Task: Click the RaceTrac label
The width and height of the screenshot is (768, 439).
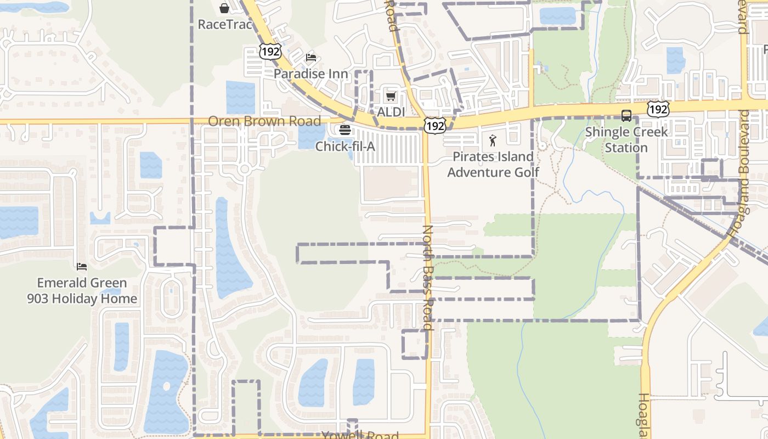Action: point(224,25)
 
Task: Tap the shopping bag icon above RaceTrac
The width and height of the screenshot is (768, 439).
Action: point(224,8)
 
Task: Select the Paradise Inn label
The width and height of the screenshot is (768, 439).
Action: point(311,74)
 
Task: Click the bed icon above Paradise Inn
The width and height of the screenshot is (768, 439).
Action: point(311,57)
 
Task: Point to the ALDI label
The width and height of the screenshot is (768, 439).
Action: point(391,112)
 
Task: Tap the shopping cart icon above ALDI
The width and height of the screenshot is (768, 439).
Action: point(391,97)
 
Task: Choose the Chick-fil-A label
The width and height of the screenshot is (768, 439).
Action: point(345,147)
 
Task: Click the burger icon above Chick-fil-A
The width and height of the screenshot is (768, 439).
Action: point(345,130)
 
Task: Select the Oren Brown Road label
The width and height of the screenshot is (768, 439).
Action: point(264,121)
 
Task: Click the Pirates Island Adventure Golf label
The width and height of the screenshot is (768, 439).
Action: point(493,165)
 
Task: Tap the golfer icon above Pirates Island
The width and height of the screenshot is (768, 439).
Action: point(493,140)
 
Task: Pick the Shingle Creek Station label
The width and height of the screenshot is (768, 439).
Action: point(626,140)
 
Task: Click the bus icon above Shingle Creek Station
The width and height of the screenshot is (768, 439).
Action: point(626,116)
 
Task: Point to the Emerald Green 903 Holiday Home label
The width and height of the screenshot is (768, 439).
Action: point(82,291)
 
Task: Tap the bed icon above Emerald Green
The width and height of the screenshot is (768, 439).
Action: point(82,267)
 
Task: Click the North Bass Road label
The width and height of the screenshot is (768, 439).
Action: point(428,278)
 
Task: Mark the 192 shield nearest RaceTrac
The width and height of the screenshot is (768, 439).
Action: point(270,52)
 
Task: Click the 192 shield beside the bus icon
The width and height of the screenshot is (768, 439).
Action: point(657,109)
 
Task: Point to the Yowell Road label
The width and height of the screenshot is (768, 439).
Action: point(360,435)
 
